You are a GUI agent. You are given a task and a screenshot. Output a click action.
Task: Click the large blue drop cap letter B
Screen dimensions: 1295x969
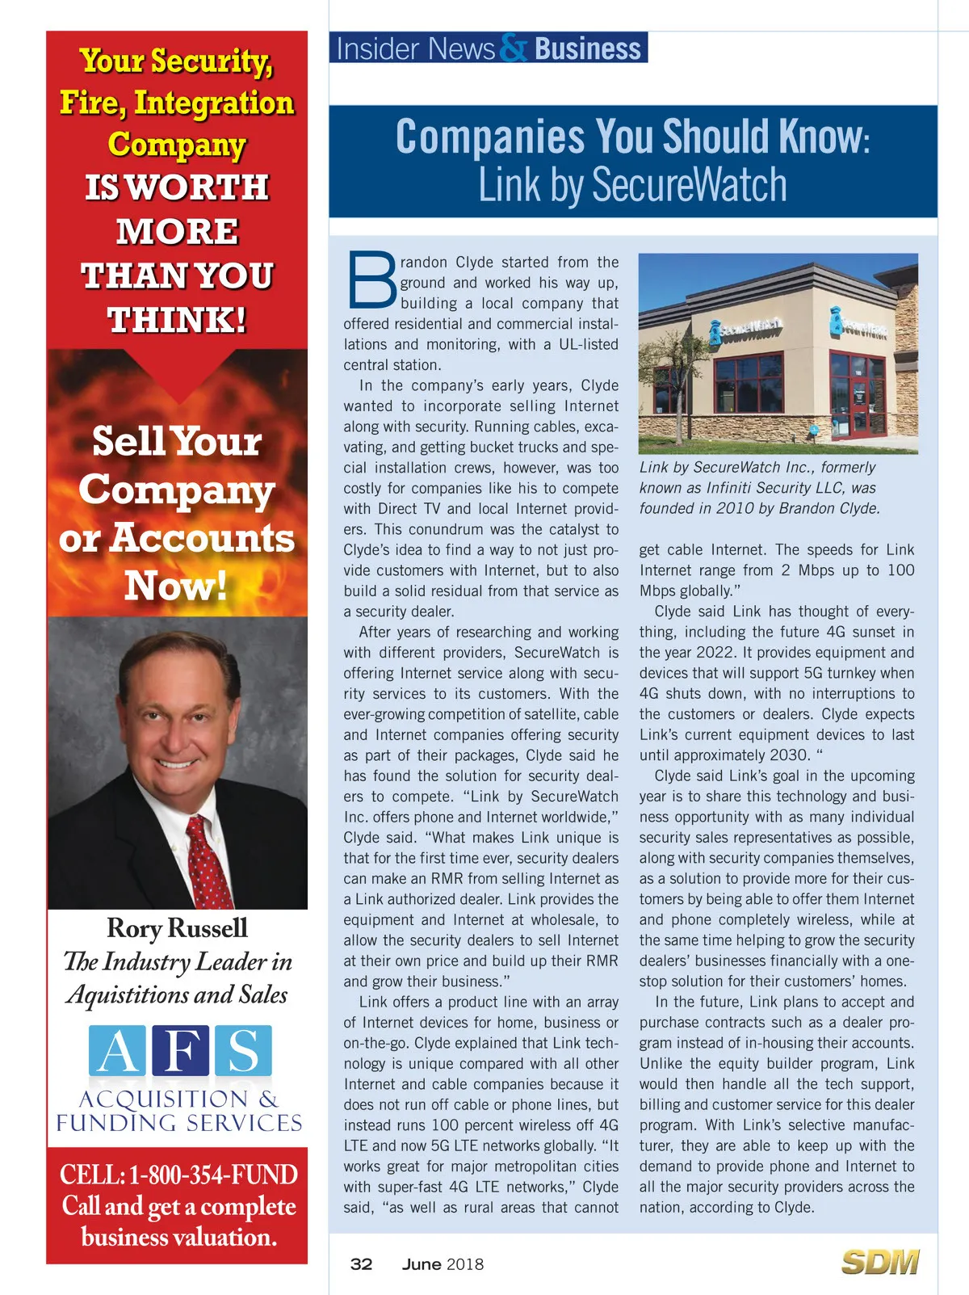pos(372,281)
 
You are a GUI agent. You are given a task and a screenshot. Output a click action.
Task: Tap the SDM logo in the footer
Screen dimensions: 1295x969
pos(879,1262)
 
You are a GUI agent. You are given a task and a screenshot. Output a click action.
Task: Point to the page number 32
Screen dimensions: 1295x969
pos(361,1264)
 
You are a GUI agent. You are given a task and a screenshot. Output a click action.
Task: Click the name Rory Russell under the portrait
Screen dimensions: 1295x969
pos(177,928)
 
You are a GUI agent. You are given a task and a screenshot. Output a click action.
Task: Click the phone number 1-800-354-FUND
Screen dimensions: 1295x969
pos(213,1175)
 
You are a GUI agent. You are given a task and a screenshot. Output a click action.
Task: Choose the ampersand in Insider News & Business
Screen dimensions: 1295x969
pos(514,48)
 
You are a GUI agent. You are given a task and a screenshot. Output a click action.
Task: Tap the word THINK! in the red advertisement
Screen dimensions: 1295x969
pos(177,320)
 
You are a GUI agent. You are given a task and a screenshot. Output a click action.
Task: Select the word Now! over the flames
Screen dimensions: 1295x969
pos(176,586)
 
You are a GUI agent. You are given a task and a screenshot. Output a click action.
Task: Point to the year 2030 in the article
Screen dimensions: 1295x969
pos(790,755)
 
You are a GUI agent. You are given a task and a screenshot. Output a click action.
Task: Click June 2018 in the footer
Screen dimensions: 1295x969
pos(443,1264)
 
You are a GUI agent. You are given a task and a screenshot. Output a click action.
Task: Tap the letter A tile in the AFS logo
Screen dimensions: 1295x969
pos(118,1051)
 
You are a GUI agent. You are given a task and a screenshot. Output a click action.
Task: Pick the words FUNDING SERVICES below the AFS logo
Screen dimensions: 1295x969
pos(179,1123)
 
